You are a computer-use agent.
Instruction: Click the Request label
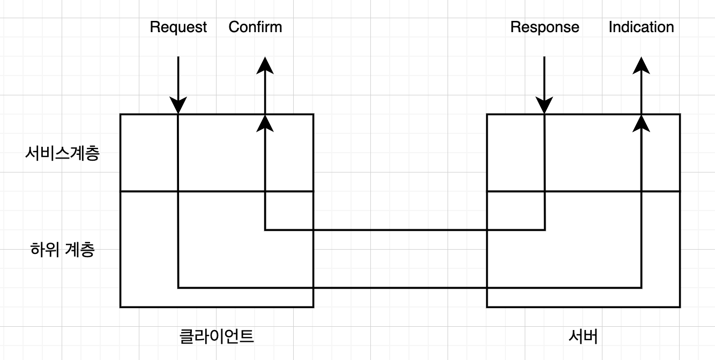(178, 27)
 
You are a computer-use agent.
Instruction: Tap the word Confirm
(255, 27)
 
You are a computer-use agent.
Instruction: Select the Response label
(545, 27)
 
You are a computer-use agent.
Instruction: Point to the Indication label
(641, 27)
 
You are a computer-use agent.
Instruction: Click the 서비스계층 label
(62, 154)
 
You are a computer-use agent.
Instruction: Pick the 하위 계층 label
(63, 250)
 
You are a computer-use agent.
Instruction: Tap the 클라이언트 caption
(216, 336)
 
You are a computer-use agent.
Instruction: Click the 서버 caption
(583, 336)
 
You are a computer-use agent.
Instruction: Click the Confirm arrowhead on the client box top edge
(265, 123)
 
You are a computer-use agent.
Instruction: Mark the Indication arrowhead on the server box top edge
(641, 123)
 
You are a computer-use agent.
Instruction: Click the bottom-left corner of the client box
(120, 307)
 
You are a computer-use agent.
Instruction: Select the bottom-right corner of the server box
(680, 307)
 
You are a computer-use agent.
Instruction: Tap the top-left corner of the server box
(487, 114)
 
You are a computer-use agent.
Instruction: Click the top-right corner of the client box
(313, 114)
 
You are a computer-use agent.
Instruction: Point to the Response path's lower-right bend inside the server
(545, 230)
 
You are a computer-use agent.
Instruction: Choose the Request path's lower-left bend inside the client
(178, 288)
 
